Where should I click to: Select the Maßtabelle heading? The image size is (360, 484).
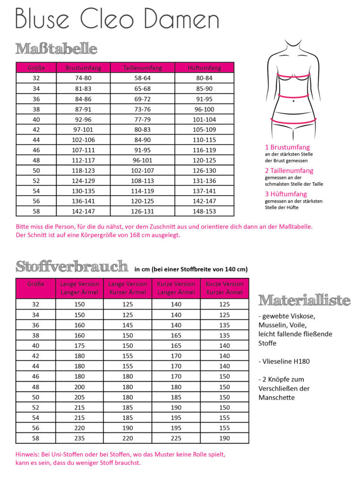(56, 49)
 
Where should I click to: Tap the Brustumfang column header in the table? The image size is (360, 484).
(83, 68)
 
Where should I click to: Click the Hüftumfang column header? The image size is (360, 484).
(204, 68)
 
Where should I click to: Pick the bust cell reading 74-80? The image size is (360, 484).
(83, 78)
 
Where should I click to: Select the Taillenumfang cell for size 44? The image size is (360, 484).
(142, 140)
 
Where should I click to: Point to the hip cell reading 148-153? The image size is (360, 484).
(204, 212)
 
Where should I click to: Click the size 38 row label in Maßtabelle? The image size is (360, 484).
(36, 109)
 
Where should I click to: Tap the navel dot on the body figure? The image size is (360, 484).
(293, 101)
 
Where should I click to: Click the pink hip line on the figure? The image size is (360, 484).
(293, 122)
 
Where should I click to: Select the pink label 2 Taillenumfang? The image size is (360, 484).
(289, 171)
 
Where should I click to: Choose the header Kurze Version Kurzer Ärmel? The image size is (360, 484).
(224, 288)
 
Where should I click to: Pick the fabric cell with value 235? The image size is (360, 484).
(79, 438)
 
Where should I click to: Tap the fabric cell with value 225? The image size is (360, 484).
(176, 438)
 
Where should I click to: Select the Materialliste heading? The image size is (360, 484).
(304, 300)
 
